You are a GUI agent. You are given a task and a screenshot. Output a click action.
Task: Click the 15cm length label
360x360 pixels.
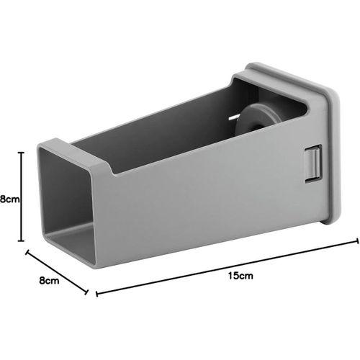click(242, 276)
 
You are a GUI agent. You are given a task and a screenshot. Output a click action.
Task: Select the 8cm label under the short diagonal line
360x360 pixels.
click(48, 282)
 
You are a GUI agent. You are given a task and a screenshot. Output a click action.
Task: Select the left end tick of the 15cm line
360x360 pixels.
click(96, 292)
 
